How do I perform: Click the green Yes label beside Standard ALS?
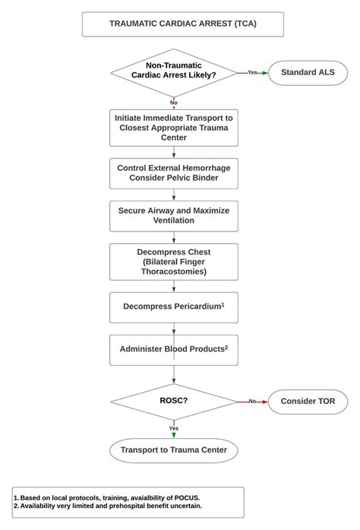[252, 72]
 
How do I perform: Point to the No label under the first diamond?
[174, 103]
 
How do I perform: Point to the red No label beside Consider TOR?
[252, 401]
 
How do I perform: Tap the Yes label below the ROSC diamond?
[174, 428]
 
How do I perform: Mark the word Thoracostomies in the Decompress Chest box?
[174, 271]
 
